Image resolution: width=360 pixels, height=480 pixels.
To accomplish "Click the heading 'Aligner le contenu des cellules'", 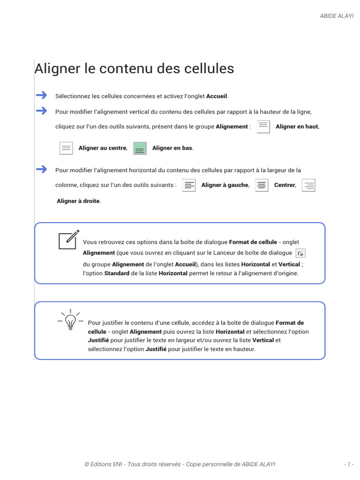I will [134, 68].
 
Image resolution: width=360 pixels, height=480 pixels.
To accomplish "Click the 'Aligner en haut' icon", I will [263, 127].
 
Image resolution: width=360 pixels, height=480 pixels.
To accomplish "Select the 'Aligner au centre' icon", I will [67, 148].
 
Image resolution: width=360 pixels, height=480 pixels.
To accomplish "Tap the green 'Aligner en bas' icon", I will [140, 148].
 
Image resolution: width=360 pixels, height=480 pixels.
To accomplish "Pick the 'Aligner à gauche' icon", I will [188, 185].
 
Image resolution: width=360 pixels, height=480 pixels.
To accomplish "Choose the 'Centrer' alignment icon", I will [262, 185].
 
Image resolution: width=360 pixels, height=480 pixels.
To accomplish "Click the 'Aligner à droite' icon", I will [308, 185].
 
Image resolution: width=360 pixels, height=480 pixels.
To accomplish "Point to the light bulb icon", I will [70, 321].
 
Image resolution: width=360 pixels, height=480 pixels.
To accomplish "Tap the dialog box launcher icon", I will [301, 253].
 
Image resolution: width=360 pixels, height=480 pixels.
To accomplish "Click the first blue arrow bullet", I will [42, 95].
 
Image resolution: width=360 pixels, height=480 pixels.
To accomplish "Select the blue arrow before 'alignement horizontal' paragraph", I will [42, 169].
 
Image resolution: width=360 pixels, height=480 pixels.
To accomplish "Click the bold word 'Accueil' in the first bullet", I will [217, 96].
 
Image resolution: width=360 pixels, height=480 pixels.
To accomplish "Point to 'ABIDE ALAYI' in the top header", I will [337, 15].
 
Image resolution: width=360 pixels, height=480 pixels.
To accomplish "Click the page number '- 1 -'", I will [348, 464].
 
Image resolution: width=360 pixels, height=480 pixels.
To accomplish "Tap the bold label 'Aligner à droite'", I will [78, 201].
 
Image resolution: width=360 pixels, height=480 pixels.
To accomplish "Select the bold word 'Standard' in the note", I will [117, 273].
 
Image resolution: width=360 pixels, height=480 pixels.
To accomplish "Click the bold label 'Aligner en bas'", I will [172, 148].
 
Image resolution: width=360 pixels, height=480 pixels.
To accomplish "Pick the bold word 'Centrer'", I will [285, 185].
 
